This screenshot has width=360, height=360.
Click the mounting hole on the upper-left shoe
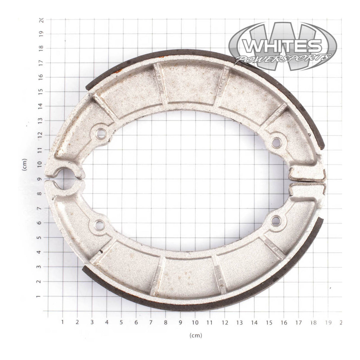pos(101,133)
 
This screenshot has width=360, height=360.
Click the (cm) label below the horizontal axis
pos(196,335)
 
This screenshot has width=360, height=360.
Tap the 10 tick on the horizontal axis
pos(195,322)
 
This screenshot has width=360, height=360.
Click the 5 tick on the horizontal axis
pos(121,322)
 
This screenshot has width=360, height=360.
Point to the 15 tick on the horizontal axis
pos(269,322)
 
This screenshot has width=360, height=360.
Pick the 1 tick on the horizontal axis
pos(63,322)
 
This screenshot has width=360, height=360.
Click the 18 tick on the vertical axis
pos(41,47)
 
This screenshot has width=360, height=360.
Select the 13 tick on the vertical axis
pos(41,120)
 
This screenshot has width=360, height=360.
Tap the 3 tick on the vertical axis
pos(41,267)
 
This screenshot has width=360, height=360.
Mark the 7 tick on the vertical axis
pos(41,208)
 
